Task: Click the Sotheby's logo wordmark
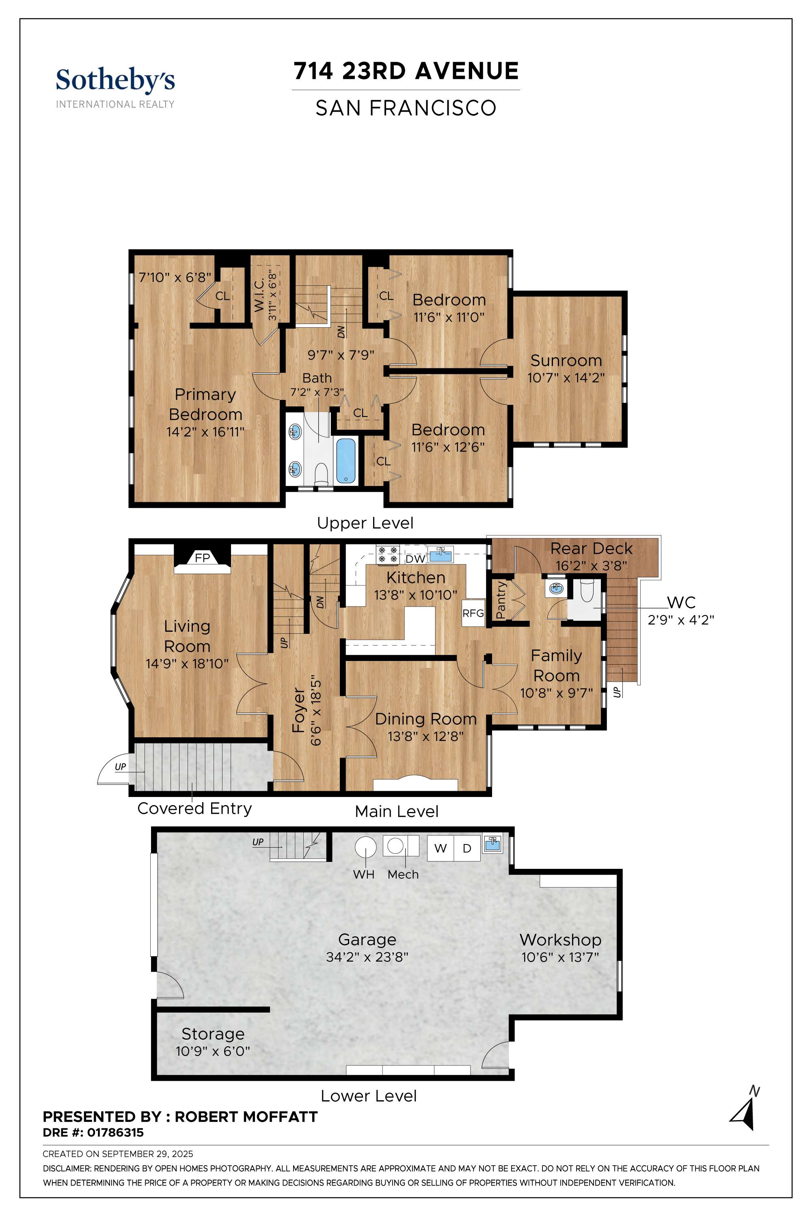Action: (x=115, y=81)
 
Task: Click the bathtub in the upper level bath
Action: (x=346, y=460)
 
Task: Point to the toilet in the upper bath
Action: (x=322, y=474)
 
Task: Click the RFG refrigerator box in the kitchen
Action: (x=473, y=613)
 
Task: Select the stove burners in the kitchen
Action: (x=388, y=555)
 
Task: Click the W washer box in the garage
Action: (x=440, y=848)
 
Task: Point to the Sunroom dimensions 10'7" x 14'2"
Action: (x=566, y=378)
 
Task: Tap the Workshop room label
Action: (x=560, y=939)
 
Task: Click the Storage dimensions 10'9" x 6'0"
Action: (x=213, y=1051)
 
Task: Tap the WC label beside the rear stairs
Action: (x=681, y=602)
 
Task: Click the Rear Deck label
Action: (x=592, y=549)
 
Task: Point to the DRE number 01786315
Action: (x=115, y=1133)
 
